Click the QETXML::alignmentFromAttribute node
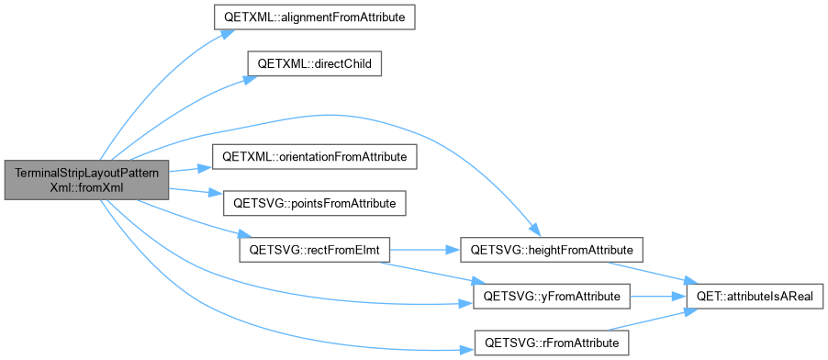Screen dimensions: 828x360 coord(314,17)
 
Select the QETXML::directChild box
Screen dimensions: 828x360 coord(315,63)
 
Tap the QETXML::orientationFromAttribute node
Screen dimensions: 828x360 coord(314,157)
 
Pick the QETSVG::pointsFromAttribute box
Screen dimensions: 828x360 coord(314,203)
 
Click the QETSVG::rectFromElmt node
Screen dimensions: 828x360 coord(314,250)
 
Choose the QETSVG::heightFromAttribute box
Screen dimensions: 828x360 coord(552,250)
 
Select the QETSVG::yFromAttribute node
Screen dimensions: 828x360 coord(552,297)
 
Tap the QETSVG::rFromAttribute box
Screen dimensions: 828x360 coord(552,343)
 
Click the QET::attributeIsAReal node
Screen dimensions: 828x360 coord(754,297)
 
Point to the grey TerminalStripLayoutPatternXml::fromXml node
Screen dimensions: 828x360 coord(86,180)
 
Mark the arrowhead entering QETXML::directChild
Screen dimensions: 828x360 coord(251,79)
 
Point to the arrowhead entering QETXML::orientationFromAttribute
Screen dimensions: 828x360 coord(205,168)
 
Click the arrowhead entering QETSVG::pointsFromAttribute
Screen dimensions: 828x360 coord(217,194)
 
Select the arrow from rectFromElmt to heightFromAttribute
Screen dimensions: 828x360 coord(425,250)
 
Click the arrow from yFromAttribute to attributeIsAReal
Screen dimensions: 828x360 coord(658,297)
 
